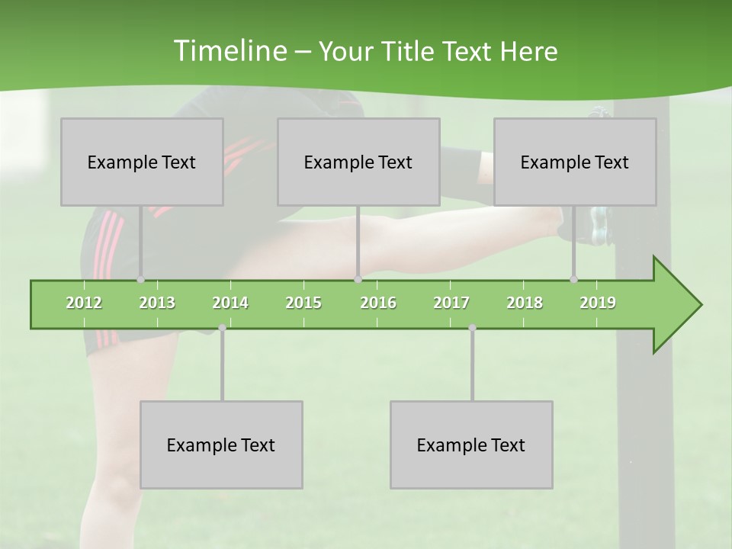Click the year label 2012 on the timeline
point(84,303)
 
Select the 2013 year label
point(157,303)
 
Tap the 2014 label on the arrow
point(230,303)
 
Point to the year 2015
point(303,303)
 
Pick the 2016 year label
point(378,303)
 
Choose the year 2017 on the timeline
point(451,303)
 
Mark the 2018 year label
point(525,303)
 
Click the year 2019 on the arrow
point(598,303)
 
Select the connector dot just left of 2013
point(140,280)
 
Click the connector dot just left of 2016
point(358,280)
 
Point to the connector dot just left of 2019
point(573,280)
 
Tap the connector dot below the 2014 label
point(222,328)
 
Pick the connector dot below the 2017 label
point(472,328)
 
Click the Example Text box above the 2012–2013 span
point(142,162)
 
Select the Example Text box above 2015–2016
point(358,162)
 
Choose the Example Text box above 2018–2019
point(575,162)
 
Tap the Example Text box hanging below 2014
point(221,445)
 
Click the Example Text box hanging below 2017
point(471,445)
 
